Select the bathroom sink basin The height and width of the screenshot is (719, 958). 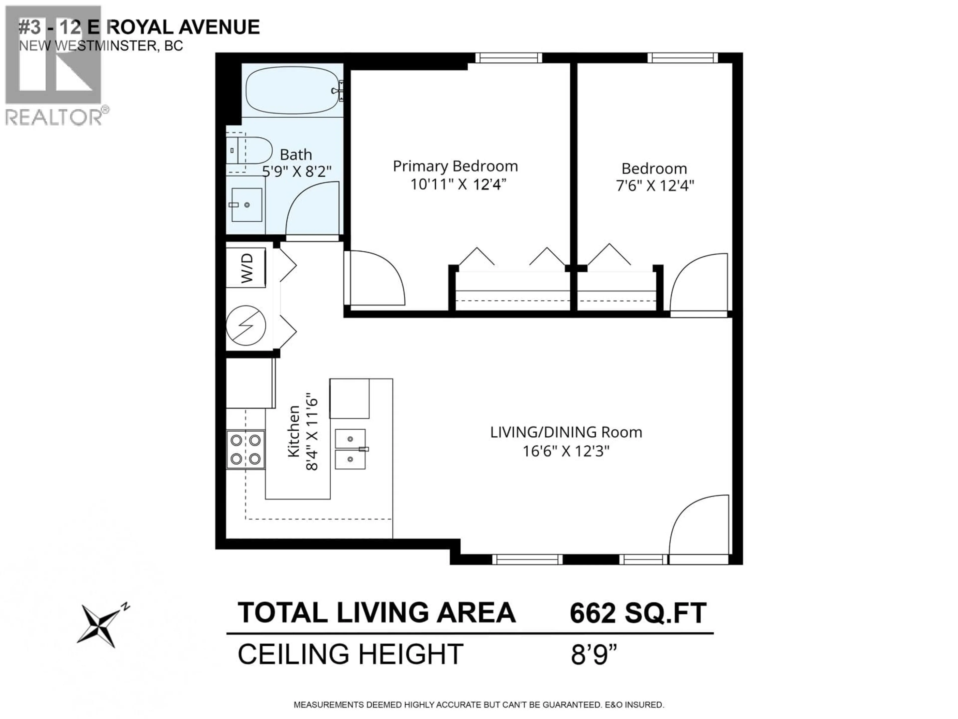click(246, 204)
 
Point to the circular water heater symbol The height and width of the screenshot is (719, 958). click(245, 325)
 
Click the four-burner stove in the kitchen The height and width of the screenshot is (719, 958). click(245, 449)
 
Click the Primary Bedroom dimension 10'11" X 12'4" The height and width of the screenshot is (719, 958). click(458, 185)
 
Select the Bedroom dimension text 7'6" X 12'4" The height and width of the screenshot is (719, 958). click(655, 186)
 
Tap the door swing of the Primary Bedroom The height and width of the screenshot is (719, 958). click(375, 277)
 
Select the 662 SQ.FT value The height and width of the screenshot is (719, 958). click(637, 613)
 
